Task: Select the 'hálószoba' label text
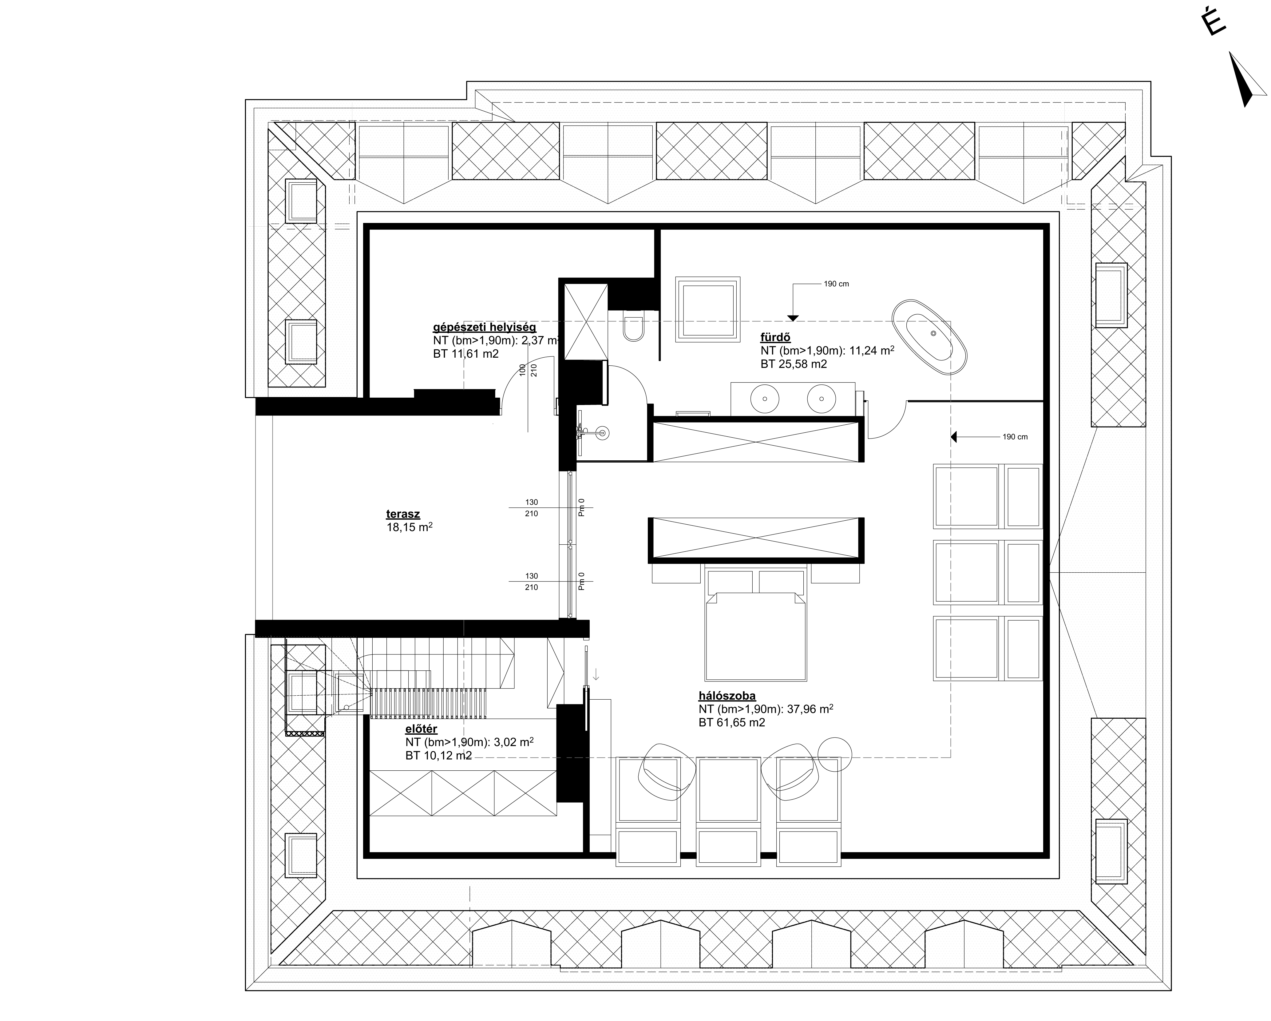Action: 727,696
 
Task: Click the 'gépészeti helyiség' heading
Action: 485,327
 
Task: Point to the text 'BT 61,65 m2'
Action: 732,723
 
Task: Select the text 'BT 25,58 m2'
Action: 794,364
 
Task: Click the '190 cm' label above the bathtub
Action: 837,284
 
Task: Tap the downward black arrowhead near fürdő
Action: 793,319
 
